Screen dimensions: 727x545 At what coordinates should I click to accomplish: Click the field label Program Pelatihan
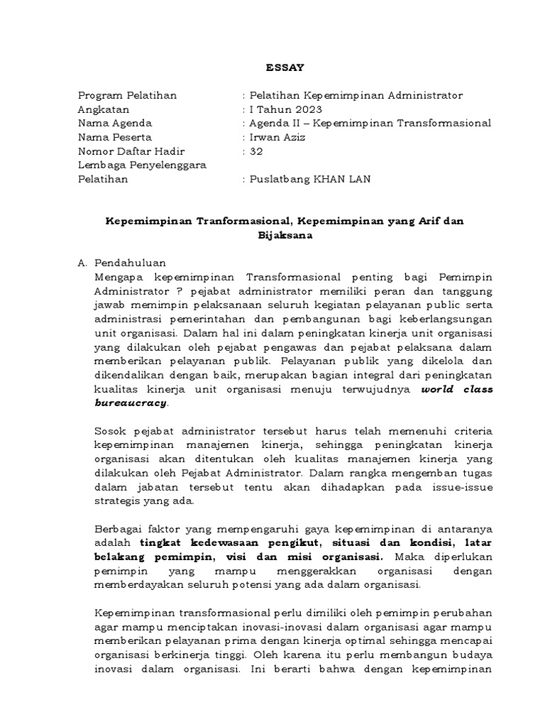point(127,95)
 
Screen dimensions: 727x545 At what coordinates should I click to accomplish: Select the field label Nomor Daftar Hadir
point(131,151)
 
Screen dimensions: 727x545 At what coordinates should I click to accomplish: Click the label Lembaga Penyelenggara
point(141,165)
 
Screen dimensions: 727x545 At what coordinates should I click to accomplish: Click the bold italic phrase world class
point(457,389)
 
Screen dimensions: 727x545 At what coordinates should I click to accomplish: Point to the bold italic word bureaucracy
point(131,403)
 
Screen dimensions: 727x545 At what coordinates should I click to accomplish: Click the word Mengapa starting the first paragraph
point(118,276)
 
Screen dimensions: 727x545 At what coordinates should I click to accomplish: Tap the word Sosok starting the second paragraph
point(109,431)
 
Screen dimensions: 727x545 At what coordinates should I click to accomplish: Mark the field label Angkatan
point(104,109)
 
